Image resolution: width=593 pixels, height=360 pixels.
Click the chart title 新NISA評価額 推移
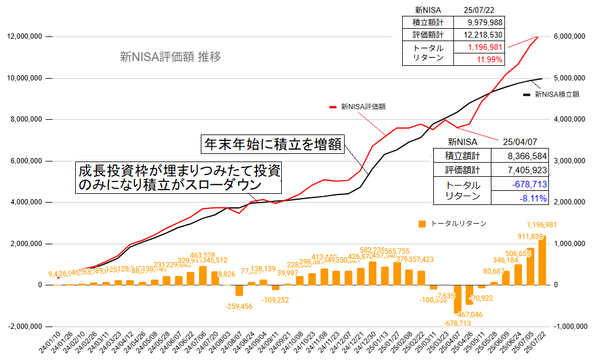170,57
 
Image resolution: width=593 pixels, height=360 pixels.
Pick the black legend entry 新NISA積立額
553,93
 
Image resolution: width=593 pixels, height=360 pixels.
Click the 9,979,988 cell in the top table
485,22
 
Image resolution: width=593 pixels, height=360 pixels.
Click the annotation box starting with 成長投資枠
179,178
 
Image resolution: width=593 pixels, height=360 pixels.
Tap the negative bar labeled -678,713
457,299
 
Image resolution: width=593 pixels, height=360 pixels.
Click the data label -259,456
239,306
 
